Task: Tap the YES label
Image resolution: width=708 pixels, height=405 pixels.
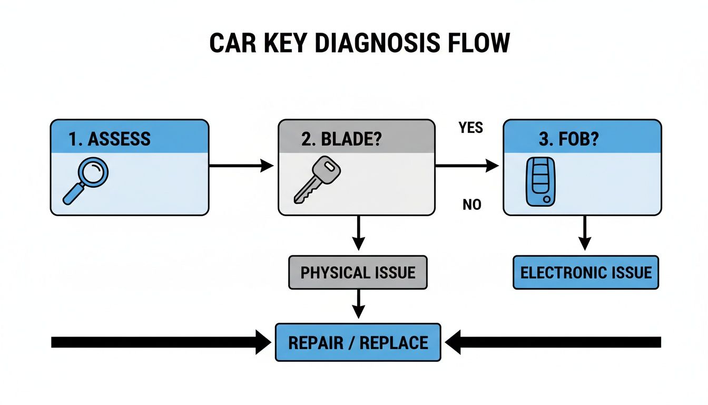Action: pyautogui.click(x=470, y=128)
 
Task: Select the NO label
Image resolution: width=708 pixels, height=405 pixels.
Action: pyautogui.click(x=471, y=205)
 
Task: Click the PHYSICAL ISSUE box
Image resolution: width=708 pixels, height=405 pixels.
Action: pyautogui.click(x=358, y=273)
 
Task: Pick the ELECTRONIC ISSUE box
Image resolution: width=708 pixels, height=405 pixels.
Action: pyautogui.click(x=585, y=273)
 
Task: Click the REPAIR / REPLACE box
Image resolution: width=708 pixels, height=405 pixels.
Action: pyautogui.click(x=358, y=342)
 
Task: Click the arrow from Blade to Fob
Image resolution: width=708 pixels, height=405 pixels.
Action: pyautogui.click(x=467, y=166)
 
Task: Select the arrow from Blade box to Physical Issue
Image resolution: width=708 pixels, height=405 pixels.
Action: pyautogui.click(x=358, y=233)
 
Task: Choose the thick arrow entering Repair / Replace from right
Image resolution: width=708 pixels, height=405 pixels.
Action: pyautogui.click(x=553, y=342)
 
